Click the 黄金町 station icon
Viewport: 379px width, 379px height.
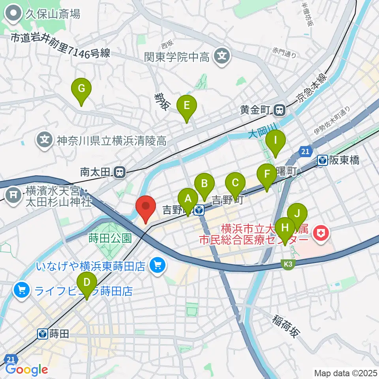(x=280, y=110)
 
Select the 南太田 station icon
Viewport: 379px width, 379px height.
(x=119, y=172)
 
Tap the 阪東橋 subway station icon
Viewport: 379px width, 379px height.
(x=323, y=160)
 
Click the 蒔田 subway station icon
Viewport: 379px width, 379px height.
(x=43, y=334)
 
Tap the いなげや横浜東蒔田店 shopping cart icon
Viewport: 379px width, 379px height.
(x=158, y=265)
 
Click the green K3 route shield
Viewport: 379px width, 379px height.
(x=288, y=265)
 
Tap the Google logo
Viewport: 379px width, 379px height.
(x=26, y=370)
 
